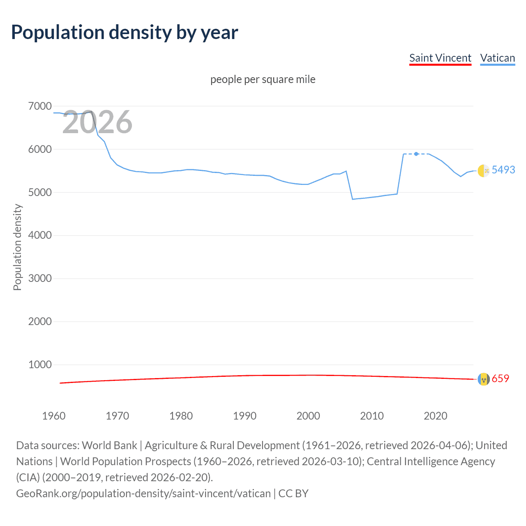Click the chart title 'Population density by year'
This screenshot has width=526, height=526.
[x=125, y=32]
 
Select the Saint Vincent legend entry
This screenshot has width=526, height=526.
[x=440, y=58]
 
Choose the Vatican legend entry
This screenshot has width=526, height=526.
[x=497, y=58]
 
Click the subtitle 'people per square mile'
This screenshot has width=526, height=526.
[x=263, y=79]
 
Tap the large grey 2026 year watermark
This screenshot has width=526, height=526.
[x=97, y=122]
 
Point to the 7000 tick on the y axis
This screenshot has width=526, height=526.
[x=40, y=106]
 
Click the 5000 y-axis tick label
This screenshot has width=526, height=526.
[x=40, y=192]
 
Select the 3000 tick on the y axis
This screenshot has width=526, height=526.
[x=40, y=279]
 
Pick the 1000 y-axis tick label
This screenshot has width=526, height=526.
[x=40, y=365]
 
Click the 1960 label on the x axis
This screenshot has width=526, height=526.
[x=54, y=416]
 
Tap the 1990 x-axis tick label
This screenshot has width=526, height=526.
[x=245, y=416]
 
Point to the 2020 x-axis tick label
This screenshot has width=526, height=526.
[x=435, y=416]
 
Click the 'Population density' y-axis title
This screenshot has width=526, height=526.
[x=17, y=247]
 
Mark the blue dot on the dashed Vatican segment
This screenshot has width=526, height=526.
[x=416, y=154]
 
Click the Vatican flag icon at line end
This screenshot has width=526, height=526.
[x=484, y=171]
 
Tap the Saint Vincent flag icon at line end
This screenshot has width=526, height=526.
[x=484, y=379]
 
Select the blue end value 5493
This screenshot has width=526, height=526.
[x=503, y=170]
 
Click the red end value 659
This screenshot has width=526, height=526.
[x=500, y=378]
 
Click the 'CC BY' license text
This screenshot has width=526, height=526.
[x=293, y=494]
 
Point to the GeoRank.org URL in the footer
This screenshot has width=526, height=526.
[x=143, y=494]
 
